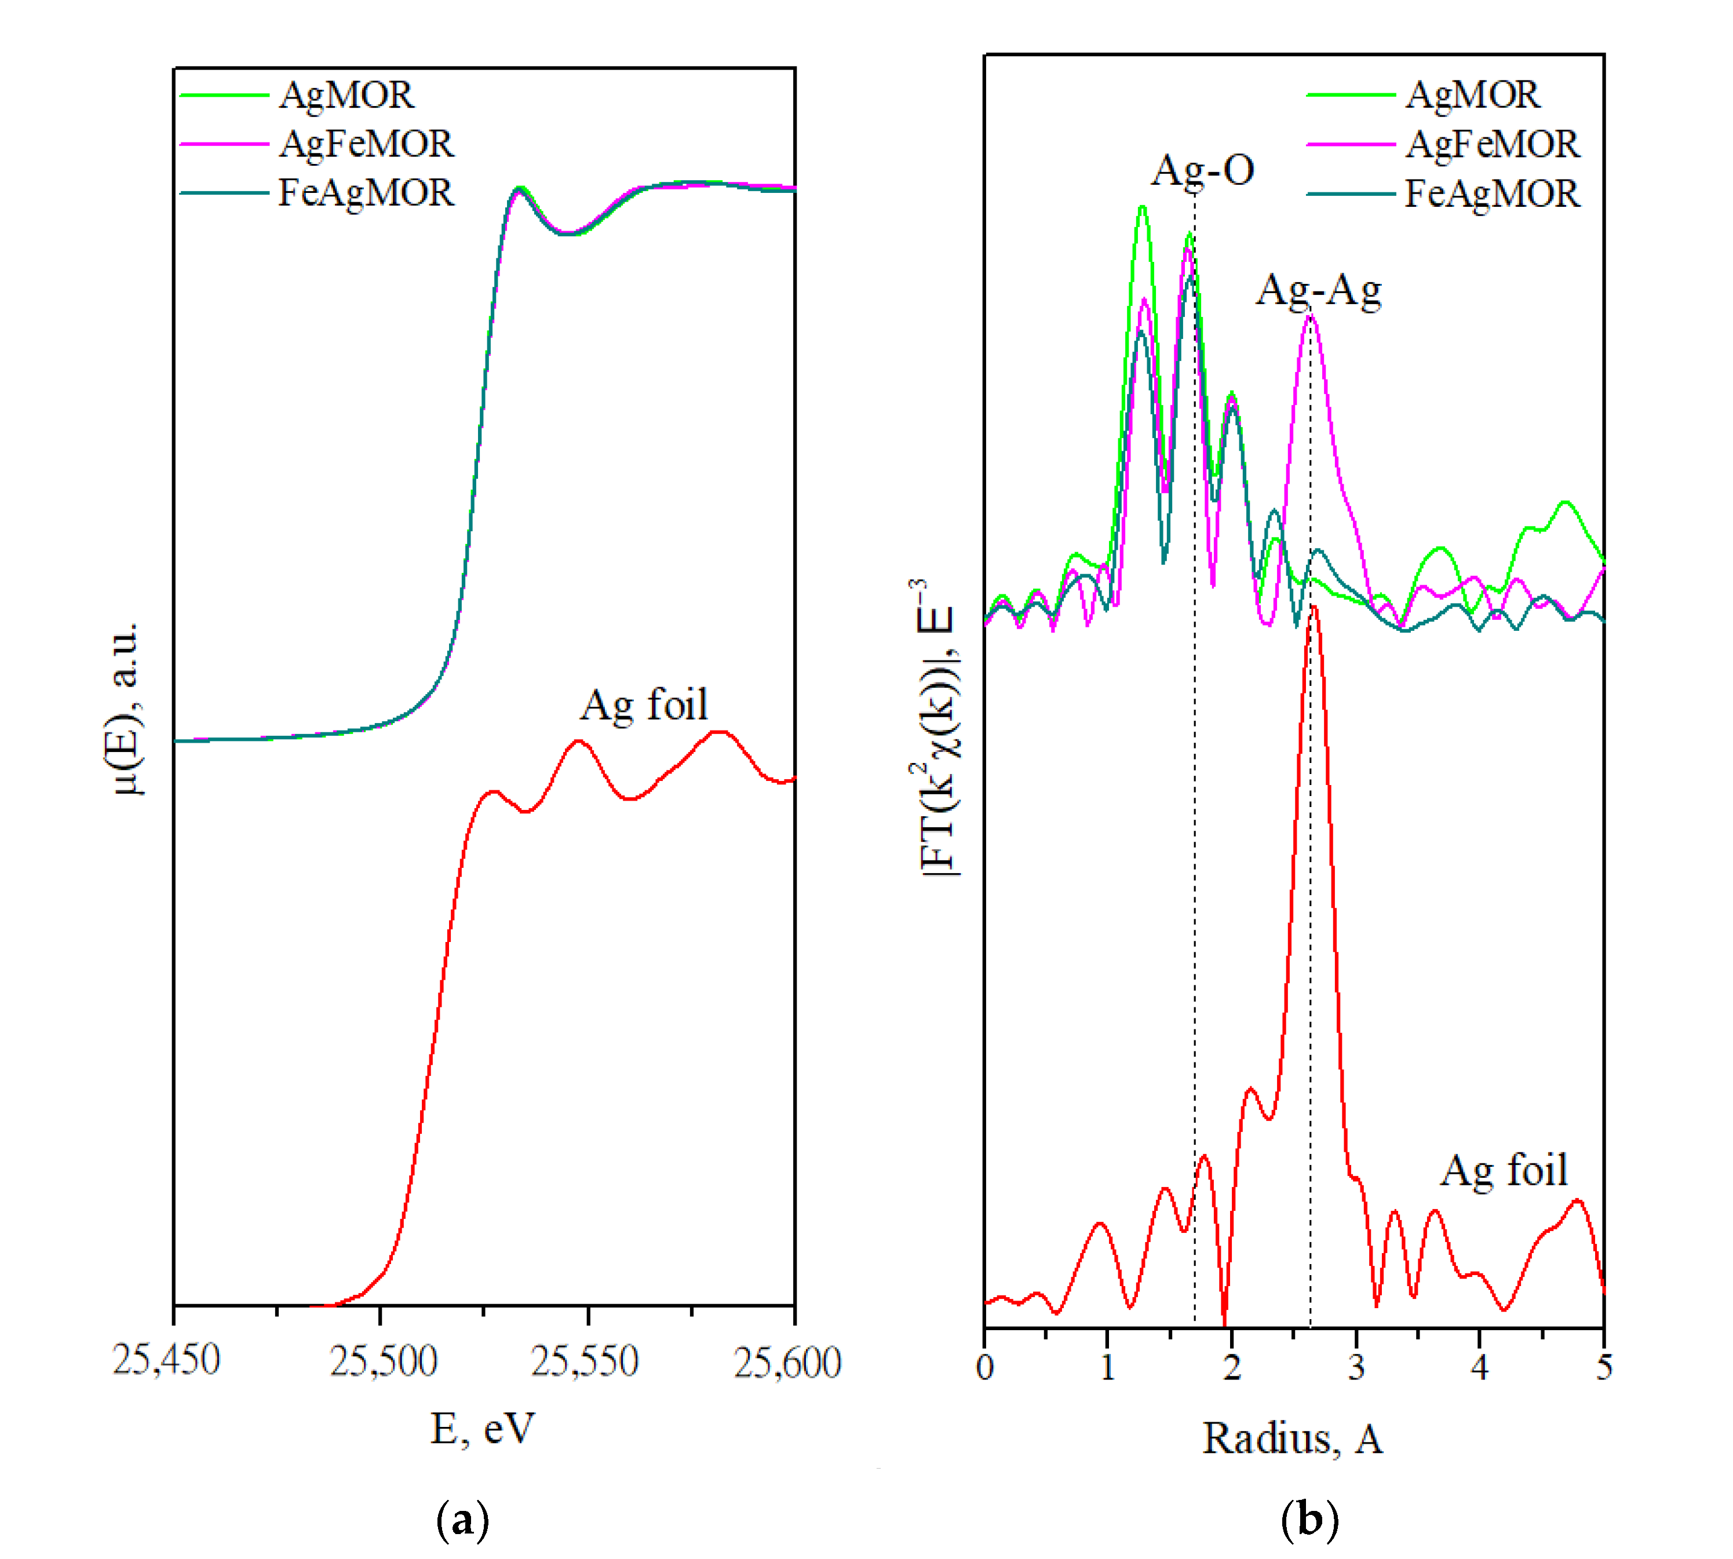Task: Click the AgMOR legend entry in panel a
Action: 346,95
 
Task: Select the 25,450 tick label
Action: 166,1359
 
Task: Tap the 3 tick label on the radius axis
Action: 1355,1366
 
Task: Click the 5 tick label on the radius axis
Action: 1603,1366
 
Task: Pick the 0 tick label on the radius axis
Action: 984,1366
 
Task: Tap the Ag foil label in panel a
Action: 644,705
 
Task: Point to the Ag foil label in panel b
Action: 1504,1171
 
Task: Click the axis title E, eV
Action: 482,1429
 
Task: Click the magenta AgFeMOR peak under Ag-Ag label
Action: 1310,318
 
